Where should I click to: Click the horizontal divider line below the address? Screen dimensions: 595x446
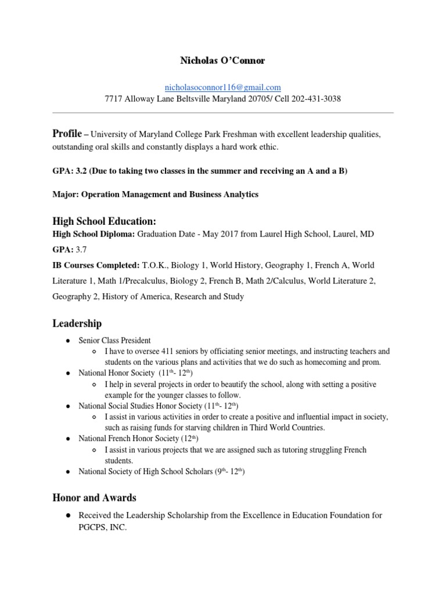(x=222, y=113)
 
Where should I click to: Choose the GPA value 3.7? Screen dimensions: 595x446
(x=77, y=249)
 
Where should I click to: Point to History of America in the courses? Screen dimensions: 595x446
(x=130, y=296)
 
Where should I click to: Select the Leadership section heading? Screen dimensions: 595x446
(x=77, y=323)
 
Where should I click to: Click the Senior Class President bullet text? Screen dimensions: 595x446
(x=114, y=340)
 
